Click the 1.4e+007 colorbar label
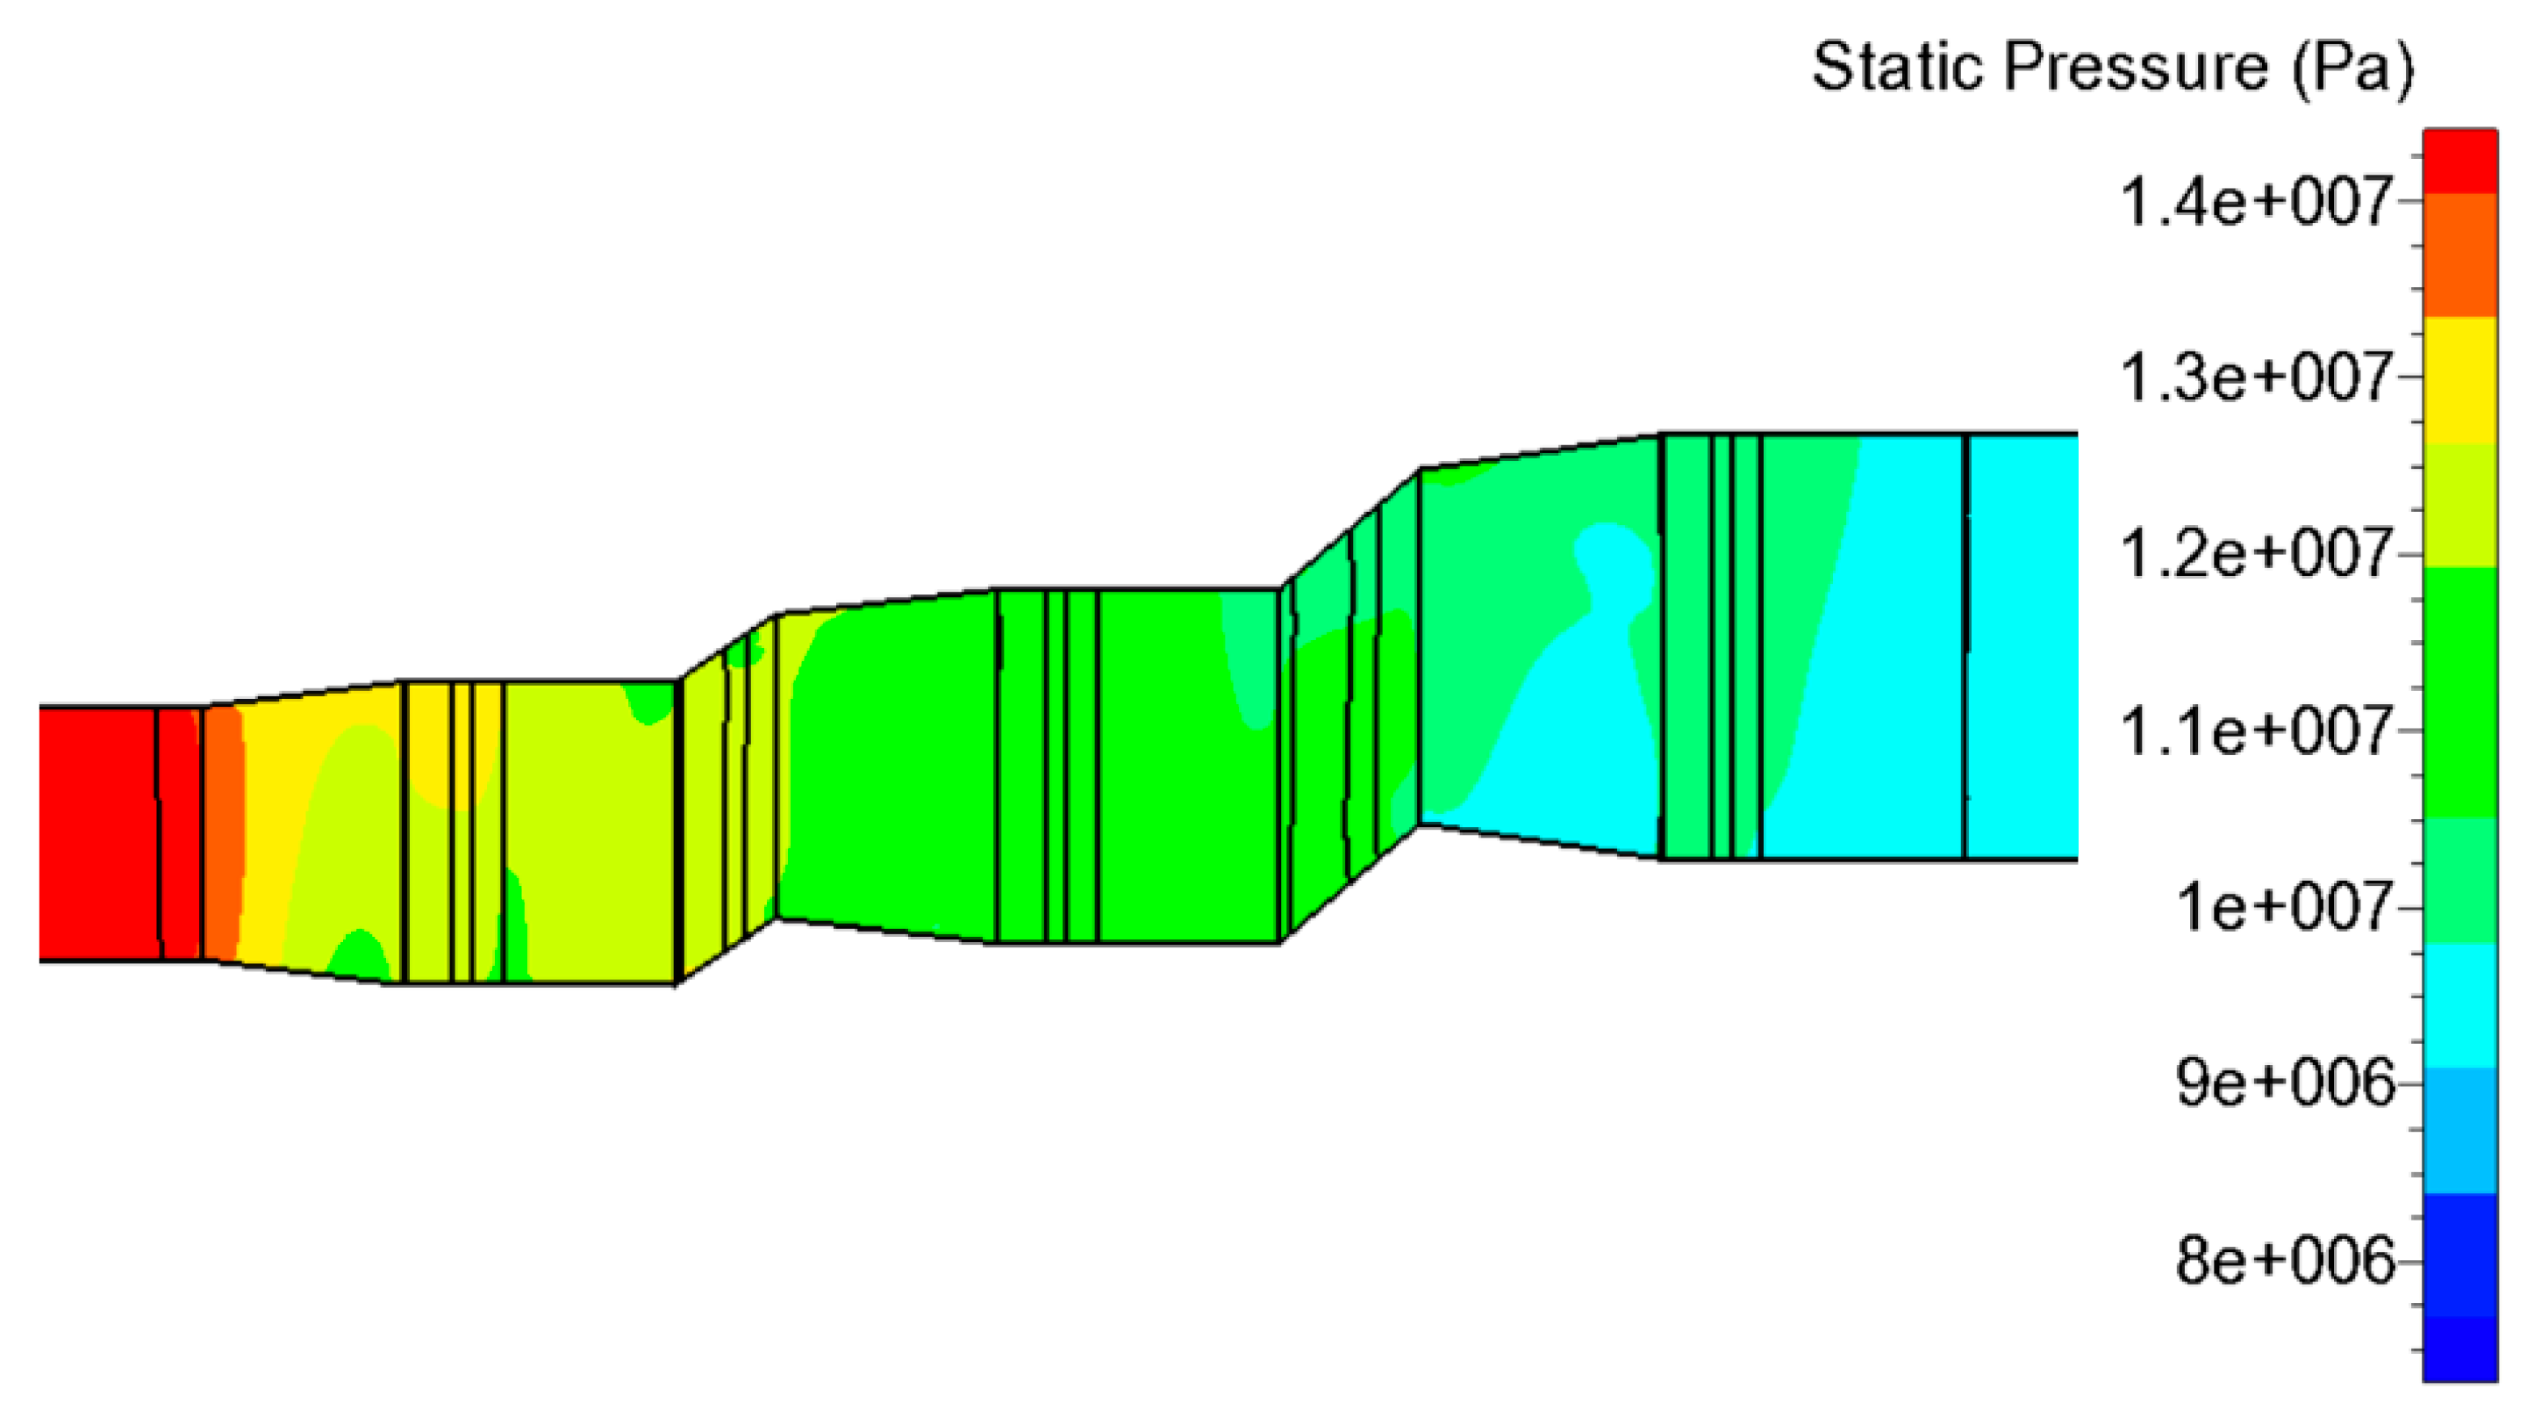[2254, 202]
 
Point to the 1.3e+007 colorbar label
[2254, 378]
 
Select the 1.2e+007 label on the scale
[2254, 554]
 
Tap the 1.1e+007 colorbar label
[2254, 732]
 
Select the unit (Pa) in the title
[2353, 68]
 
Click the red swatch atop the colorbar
[2459, 161]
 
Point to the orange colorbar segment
[2459, 256]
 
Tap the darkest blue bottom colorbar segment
[2459, 1349]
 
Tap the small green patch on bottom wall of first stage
[358, 957]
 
